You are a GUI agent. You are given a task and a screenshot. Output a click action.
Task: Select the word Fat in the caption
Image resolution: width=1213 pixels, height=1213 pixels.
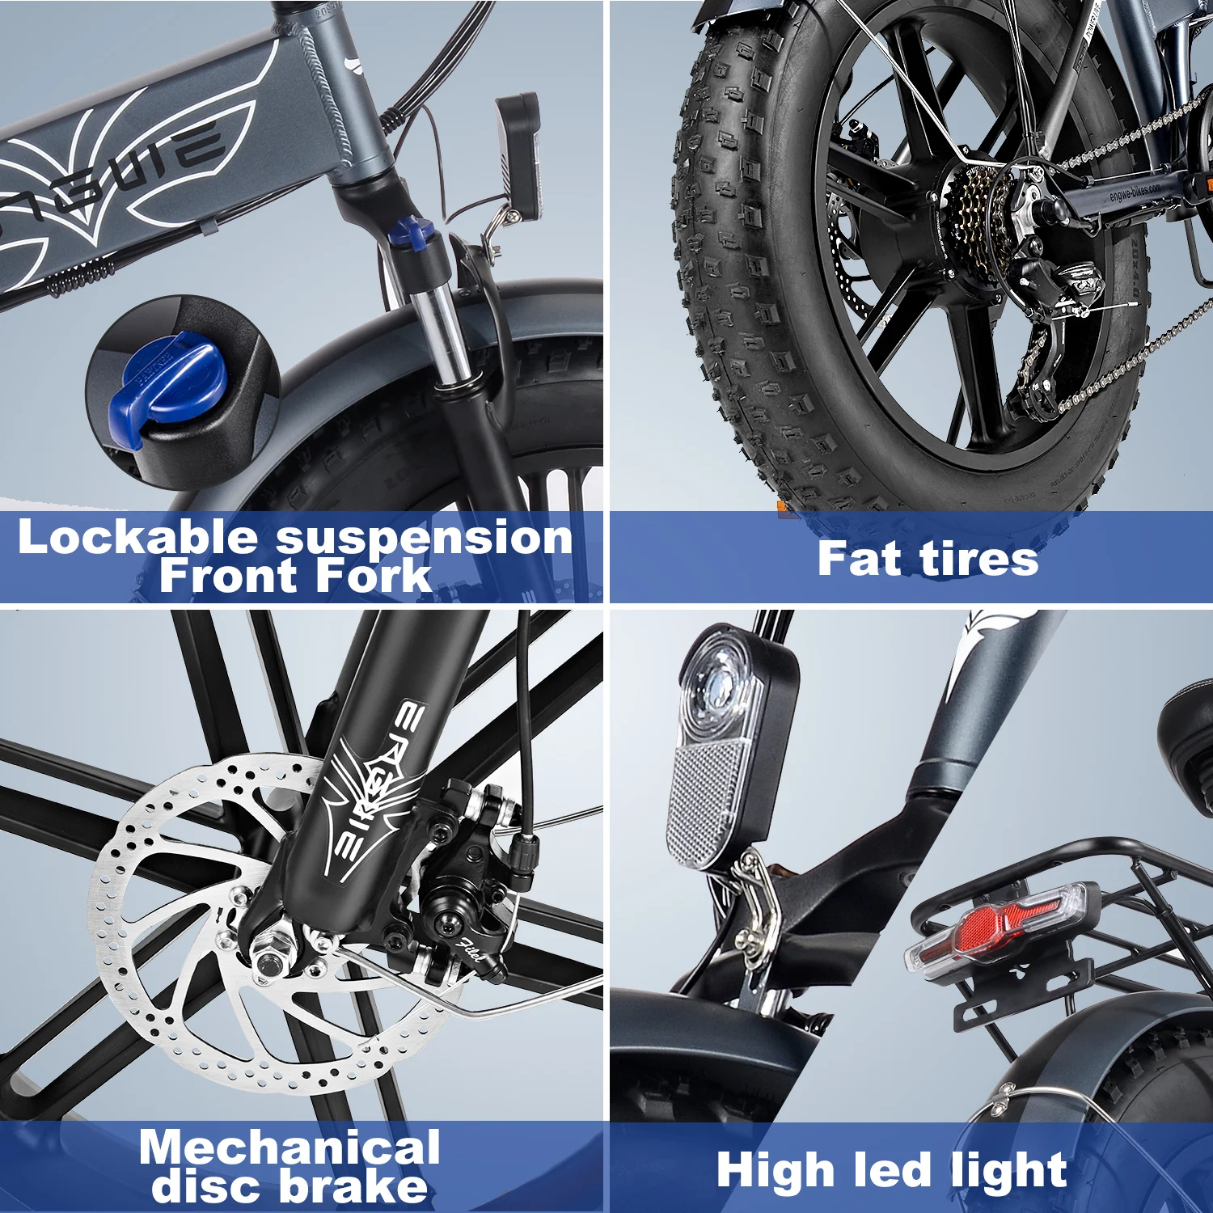pos(858,559)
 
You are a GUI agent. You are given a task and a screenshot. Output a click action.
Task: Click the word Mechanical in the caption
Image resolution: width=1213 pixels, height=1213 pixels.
pos(290,1148)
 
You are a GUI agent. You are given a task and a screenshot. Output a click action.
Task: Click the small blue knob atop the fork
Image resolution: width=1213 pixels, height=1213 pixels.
pos(409,233)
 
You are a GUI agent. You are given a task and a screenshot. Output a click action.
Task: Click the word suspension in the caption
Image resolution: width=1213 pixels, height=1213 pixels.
pos(424,538)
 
